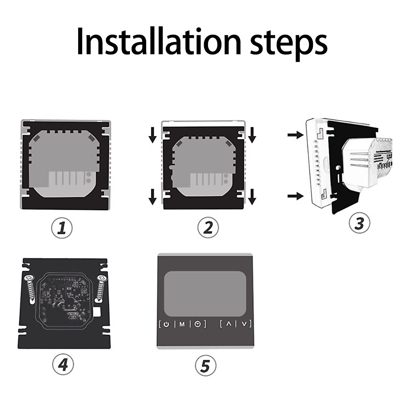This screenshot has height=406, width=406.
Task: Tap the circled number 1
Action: tap(62, 227)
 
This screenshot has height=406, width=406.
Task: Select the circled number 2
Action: tap(208, 227)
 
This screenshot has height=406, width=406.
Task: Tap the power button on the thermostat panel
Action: tap(166, 324)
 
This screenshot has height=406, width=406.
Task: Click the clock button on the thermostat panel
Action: tap(198, 324)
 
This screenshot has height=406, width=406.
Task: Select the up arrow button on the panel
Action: tap(229, 324)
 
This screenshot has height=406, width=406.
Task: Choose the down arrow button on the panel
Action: tap(245, 324)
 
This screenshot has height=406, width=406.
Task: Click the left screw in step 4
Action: tap(30, 289)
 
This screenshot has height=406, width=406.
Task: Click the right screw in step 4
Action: tap(101, 288)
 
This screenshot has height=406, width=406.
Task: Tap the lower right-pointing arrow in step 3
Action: tap(294, 196)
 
